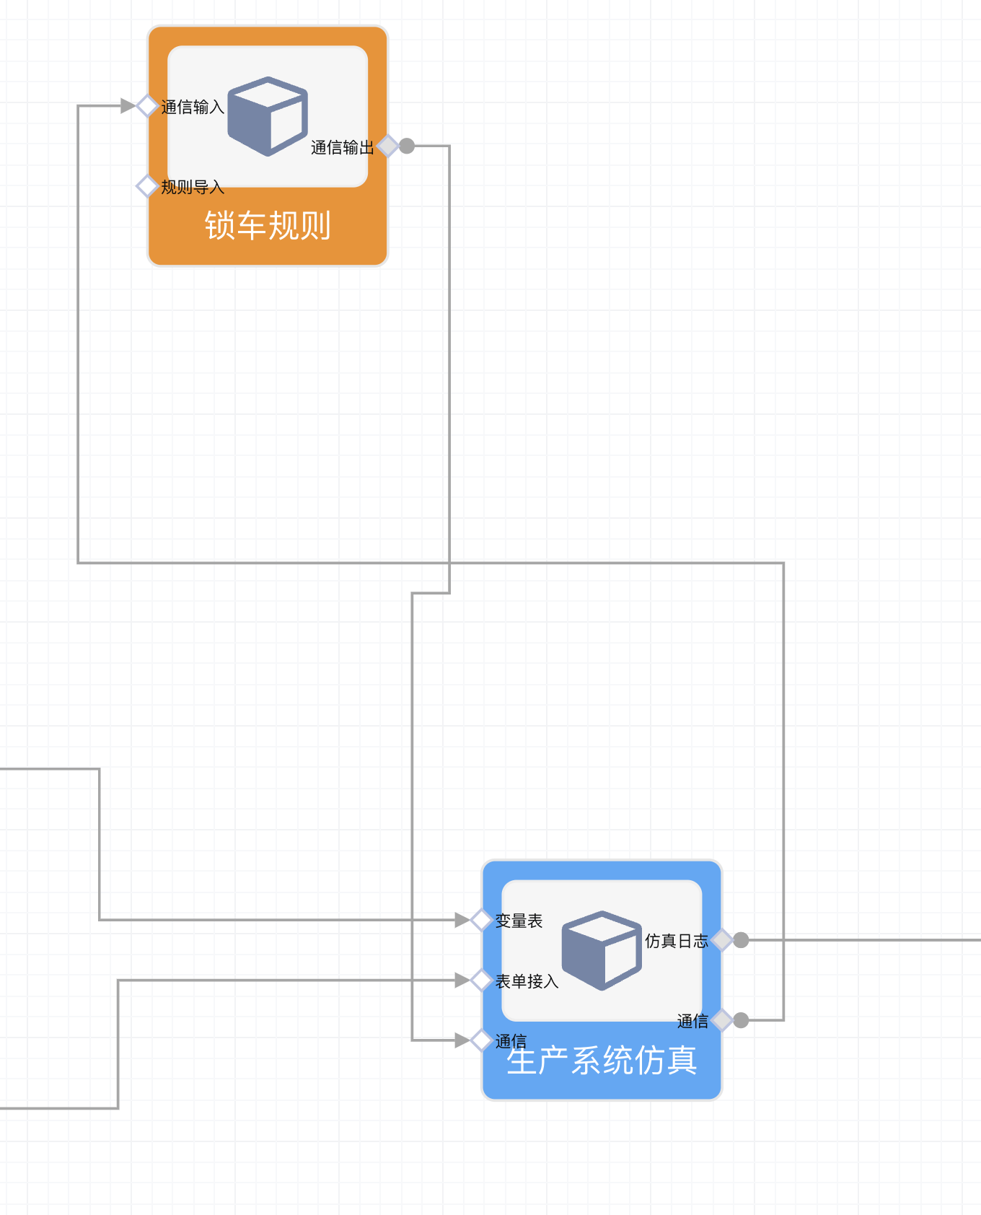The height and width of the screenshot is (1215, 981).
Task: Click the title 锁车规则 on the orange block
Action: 268,226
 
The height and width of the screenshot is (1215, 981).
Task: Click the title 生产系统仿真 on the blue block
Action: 602,1061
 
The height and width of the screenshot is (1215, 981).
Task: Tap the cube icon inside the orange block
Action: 268,116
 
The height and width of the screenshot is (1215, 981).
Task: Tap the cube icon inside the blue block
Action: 602,950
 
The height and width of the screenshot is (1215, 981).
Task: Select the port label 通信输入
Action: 193,108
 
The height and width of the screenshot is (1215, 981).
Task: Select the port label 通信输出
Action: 342,148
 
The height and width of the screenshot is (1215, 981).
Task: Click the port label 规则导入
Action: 193,188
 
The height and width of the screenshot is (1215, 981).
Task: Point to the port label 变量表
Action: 519,921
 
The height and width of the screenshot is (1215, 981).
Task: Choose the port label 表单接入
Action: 527,982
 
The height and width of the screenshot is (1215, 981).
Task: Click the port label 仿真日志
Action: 676,941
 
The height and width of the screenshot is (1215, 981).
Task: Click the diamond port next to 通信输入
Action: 147,106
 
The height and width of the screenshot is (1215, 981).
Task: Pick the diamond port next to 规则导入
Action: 147,186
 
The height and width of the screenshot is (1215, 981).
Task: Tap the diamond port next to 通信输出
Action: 388,146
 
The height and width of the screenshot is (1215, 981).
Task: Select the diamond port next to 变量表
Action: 481,920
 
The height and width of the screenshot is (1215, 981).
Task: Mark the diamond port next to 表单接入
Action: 481,980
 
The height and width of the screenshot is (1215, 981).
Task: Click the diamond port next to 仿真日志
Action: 722,940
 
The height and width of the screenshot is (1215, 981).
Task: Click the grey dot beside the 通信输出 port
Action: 407,146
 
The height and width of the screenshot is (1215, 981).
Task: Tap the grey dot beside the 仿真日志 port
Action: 741,940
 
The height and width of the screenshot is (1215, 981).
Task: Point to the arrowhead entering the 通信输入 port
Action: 128,106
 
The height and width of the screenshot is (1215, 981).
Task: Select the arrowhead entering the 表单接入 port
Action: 462,980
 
